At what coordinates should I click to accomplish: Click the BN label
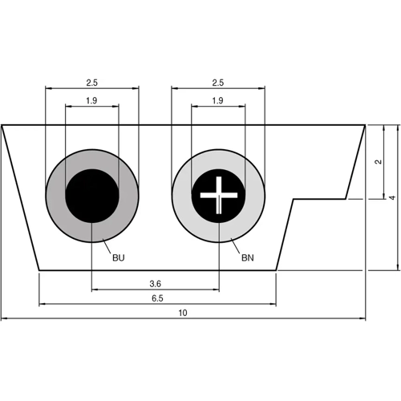(247, 258)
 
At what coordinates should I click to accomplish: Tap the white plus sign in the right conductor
(218, 196)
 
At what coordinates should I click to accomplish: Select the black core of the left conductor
(91, 196)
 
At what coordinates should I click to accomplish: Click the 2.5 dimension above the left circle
(91, 83)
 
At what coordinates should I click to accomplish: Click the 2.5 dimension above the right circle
(218, 83)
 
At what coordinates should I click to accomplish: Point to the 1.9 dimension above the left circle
(91, 100)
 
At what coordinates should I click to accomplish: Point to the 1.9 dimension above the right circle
(218, 100)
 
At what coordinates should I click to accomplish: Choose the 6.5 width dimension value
(156, 298)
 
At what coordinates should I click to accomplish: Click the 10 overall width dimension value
(183, 314)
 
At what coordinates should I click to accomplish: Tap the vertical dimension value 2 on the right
(378, 161)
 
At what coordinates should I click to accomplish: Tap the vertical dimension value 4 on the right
(392, 197)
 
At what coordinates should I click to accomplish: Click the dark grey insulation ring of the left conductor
(55, 196)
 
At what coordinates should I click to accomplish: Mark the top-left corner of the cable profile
(2, 125)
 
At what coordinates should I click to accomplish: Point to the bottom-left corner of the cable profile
(39, 270)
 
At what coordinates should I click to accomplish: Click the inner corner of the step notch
(293, 198)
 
